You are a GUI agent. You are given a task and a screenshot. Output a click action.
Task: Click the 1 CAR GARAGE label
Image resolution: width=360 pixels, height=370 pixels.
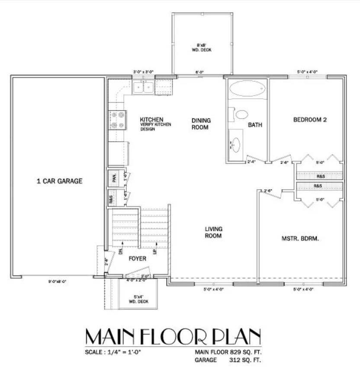[59, 181]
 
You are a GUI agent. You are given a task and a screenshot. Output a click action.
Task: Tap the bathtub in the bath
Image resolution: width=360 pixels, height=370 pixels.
[246, 89]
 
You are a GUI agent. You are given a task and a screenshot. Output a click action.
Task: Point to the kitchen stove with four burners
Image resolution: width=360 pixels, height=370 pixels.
[118, 120]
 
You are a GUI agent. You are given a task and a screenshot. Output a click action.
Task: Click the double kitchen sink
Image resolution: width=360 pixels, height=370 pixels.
[143, 88]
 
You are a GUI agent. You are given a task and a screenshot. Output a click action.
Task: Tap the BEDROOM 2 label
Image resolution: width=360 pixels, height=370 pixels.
[309, 120]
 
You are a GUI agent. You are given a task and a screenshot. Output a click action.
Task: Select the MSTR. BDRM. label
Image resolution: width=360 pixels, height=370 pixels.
[300, 238]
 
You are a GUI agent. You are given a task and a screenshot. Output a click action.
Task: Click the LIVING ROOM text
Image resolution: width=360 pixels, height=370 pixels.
[213, 232]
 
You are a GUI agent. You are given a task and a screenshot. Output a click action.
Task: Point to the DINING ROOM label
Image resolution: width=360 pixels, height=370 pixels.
[200, 124]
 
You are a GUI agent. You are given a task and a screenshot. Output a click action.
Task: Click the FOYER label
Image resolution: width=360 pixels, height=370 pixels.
[137, 259]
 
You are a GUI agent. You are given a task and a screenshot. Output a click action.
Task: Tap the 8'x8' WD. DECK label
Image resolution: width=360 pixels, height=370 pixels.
[202, 47]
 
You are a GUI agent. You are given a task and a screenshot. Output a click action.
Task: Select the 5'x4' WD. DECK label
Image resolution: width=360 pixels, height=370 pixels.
[139, 299]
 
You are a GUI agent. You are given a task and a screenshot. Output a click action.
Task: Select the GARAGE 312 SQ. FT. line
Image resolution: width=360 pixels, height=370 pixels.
[228, 360]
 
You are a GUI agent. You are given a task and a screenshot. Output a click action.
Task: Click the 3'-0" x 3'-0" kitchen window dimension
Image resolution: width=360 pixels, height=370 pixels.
[143, 72]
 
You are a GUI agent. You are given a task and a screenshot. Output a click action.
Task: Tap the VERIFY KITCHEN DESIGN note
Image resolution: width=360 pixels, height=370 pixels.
[155, 127]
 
